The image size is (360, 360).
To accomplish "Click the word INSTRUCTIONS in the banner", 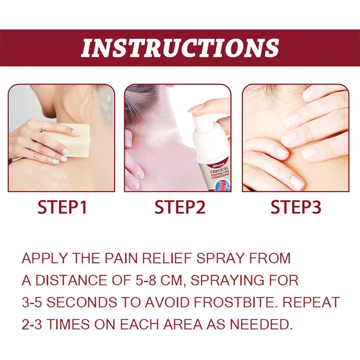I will [x=180, y=48].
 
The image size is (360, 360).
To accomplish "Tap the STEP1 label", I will [x=62, y=208].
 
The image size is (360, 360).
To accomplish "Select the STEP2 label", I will [x=180, y=208].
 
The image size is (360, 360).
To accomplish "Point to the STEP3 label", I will [x=296, y=208].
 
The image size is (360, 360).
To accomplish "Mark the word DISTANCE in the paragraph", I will [x=73, y=280].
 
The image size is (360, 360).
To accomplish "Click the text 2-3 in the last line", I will [x=34, y=324].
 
